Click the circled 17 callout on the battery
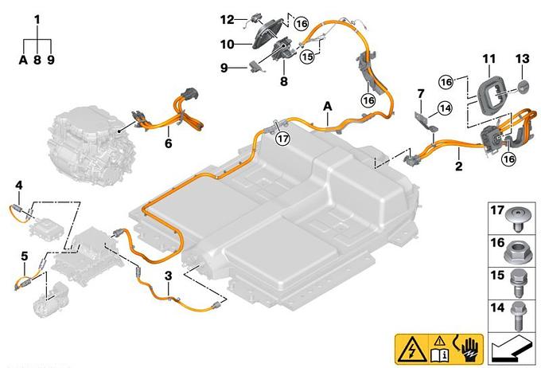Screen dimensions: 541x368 [282, 139]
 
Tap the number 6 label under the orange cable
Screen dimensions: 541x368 [168, 143]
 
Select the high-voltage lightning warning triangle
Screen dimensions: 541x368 [411, 350]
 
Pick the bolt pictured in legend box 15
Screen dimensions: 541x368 [518, 283]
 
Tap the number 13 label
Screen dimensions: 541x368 [522, 59]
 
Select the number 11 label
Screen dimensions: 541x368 [489, 59]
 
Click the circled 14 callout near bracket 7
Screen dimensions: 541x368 [445, 108]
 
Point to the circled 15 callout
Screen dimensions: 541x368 [307, 57]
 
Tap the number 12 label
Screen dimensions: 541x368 [227, 20]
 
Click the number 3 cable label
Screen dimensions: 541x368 [168, 276]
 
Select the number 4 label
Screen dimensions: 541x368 [18, 186]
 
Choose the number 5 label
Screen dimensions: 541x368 [24, 256]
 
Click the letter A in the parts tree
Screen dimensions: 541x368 [23, 60]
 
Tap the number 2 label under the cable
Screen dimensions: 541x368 [458, 166]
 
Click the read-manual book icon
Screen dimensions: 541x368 [439, 350]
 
